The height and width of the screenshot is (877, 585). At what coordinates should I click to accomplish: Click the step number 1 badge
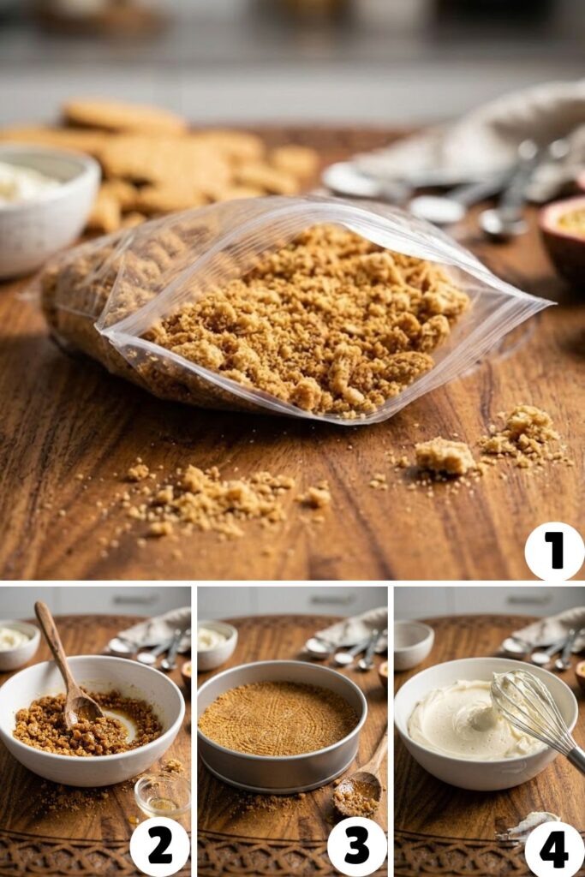(x=554, y=551)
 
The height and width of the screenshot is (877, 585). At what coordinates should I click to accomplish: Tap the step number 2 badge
(x=160, y=847)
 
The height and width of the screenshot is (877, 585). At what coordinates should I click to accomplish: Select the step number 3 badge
(x=357, y=847)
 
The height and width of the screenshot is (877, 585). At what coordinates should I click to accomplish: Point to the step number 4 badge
(x=554, y=847)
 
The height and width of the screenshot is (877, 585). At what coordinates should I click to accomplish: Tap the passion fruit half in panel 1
(x=564, y=234)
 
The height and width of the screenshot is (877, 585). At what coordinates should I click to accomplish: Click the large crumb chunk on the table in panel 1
(x=445, y=456)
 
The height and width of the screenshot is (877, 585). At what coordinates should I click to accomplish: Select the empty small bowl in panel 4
(x=413, y=643)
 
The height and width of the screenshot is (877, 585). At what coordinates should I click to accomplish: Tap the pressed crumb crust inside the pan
(x=278, y=717)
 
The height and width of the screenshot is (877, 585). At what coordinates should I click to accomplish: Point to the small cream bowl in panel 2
(x=18, y=644)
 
